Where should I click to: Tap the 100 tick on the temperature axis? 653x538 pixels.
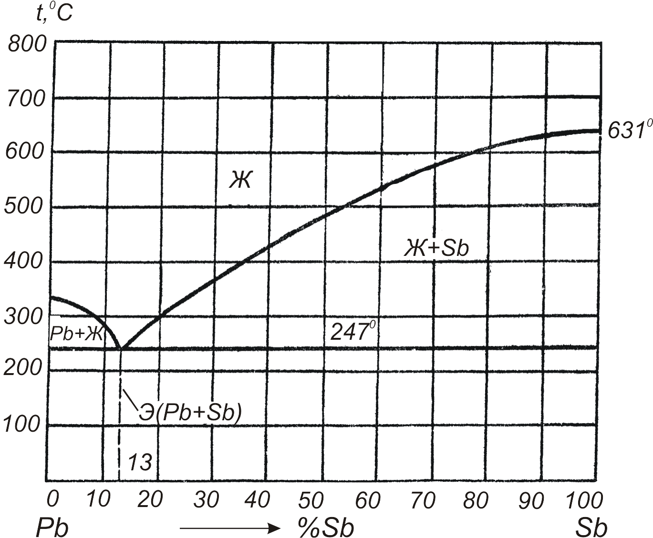pos(21,425)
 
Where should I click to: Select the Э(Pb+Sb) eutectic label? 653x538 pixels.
pos(189,413)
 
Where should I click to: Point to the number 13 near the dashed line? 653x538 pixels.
pos(140,462)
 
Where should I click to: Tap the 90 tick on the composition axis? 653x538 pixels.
pos(531,500)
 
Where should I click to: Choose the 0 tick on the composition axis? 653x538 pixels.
pos(53,499)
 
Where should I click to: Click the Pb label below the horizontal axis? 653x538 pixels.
pos(52,527)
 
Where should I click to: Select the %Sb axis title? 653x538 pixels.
pos(326,527)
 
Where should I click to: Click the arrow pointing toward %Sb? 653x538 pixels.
pos(229,527)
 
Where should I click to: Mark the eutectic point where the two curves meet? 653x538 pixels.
pos(120,349)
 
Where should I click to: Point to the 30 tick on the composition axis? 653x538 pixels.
pos(206,500)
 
